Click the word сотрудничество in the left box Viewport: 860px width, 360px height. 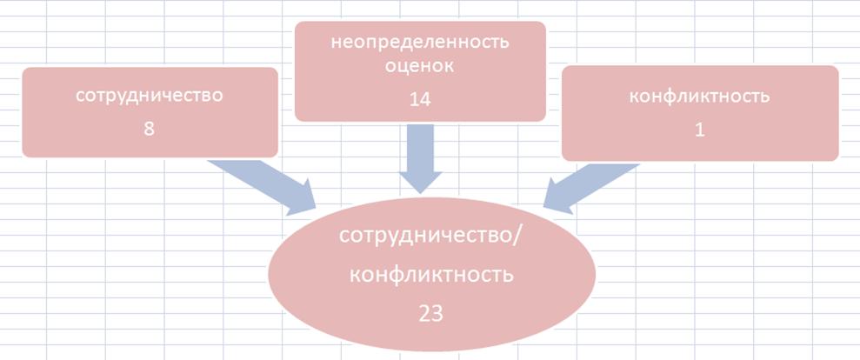click(150, 96)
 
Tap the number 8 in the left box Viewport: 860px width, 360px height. click(149, 130)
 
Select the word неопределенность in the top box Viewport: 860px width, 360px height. click(420, 43)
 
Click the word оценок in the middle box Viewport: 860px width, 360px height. click(420, 67)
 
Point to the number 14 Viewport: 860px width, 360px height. click(420, 99)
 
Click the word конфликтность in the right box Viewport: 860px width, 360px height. click(699, 97)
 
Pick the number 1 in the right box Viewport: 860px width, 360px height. click(700, 130)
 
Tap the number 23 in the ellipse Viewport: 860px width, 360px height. click(430, 314)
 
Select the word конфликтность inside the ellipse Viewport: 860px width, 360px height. click(431, 275)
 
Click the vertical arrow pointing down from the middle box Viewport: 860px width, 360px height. click(420, 158)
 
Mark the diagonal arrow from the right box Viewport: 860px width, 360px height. click(591, 188)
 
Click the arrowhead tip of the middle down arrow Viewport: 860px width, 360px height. click(420, 193)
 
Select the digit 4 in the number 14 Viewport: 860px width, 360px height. click(425, 99)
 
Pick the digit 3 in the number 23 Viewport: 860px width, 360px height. click(437, 314)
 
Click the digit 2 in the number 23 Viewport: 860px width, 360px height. click(424, 314)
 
